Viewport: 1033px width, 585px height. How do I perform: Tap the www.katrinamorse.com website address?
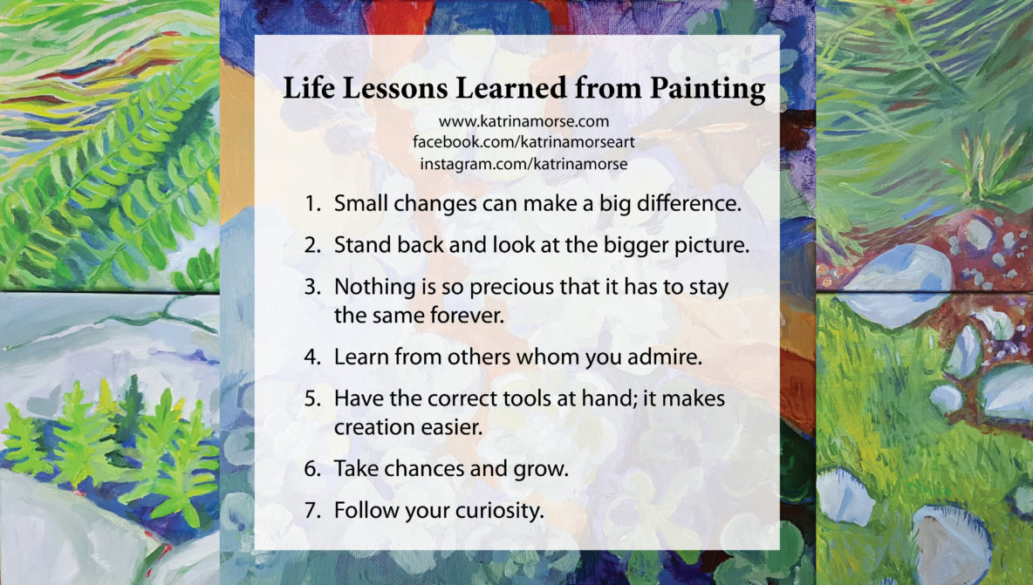(523, 121)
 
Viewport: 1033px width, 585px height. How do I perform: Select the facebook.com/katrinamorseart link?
(523, 142)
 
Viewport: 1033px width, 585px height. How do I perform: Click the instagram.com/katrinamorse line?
(523, 163)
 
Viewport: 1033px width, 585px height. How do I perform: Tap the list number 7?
(312, 510)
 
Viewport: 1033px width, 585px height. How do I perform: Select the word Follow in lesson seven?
(362, 510)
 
